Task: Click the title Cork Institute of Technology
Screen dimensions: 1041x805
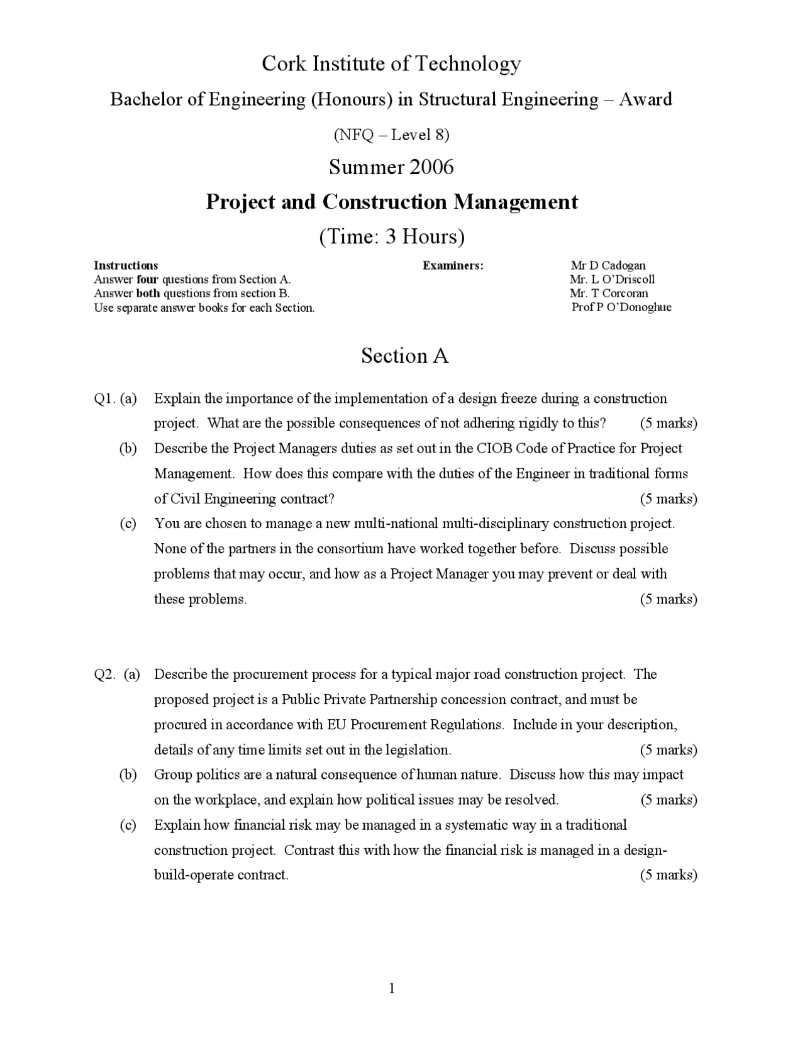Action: point(391,63)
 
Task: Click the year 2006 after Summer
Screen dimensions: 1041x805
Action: point(431,167)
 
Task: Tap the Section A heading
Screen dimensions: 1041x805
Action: point(404,356)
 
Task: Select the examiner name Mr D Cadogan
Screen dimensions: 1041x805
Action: point(608,265)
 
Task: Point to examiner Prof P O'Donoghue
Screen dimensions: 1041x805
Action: point(621,307)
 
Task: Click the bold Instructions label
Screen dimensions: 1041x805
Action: point(126,265)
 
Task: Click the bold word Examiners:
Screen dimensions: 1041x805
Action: point(453,265)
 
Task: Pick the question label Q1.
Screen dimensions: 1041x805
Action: point(104,399)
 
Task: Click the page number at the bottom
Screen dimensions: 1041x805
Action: point(392,989)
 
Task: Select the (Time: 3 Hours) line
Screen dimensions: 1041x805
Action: point(392,237)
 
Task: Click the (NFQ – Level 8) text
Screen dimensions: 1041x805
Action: point(391,135)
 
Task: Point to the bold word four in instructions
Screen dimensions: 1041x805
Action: point(147,280)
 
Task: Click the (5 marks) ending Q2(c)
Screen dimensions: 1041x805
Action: point(669,875)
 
